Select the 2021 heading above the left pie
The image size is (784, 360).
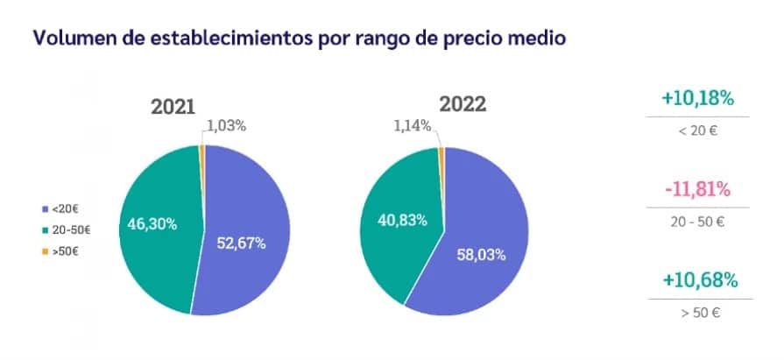[x=174, y=106]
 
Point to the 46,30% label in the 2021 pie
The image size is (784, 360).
[x=153, y=223]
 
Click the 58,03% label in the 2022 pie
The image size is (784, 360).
[x=482, y=255]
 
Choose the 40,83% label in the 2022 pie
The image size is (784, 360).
[x=402, y=220]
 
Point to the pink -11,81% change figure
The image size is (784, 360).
[x=698, y=189]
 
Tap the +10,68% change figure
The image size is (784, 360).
[x=698, y=280]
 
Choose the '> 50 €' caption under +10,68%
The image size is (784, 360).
[x=697, y=313]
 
